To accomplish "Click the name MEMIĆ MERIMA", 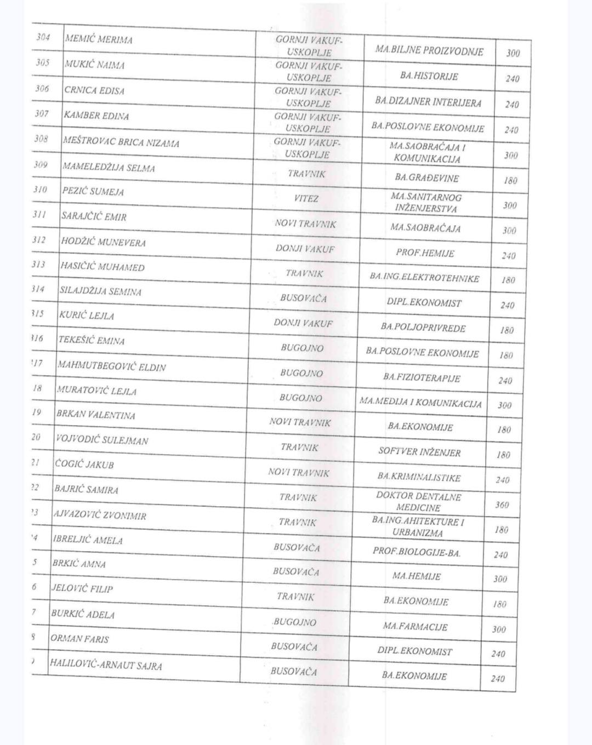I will (99, 39).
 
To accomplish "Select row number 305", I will (43, 62).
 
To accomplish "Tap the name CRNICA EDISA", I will (94, 90).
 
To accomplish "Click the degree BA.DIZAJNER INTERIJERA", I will (428, 102).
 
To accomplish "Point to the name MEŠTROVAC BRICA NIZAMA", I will (121, 142).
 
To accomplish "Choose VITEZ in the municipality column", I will (306, 198).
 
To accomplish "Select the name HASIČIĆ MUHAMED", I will (103, 267).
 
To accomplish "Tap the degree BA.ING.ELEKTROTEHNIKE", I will (424, 278).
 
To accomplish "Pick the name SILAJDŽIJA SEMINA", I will (100, 291).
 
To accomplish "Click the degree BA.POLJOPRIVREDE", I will (423, 328).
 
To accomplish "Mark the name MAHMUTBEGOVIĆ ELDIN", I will (112, 366).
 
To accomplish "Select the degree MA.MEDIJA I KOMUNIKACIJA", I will (420, 403).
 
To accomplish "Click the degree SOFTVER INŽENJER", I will (419, 452).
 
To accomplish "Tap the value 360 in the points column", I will (502, 505).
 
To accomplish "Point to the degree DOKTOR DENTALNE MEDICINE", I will (418, 502).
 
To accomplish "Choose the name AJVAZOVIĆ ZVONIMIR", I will (100, 515).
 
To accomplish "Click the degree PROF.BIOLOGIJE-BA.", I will (417, 552).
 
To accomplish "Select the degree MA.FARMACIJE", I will (415, 626).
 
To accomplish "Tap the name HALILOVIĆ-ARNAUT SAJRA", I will (106, 665).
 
